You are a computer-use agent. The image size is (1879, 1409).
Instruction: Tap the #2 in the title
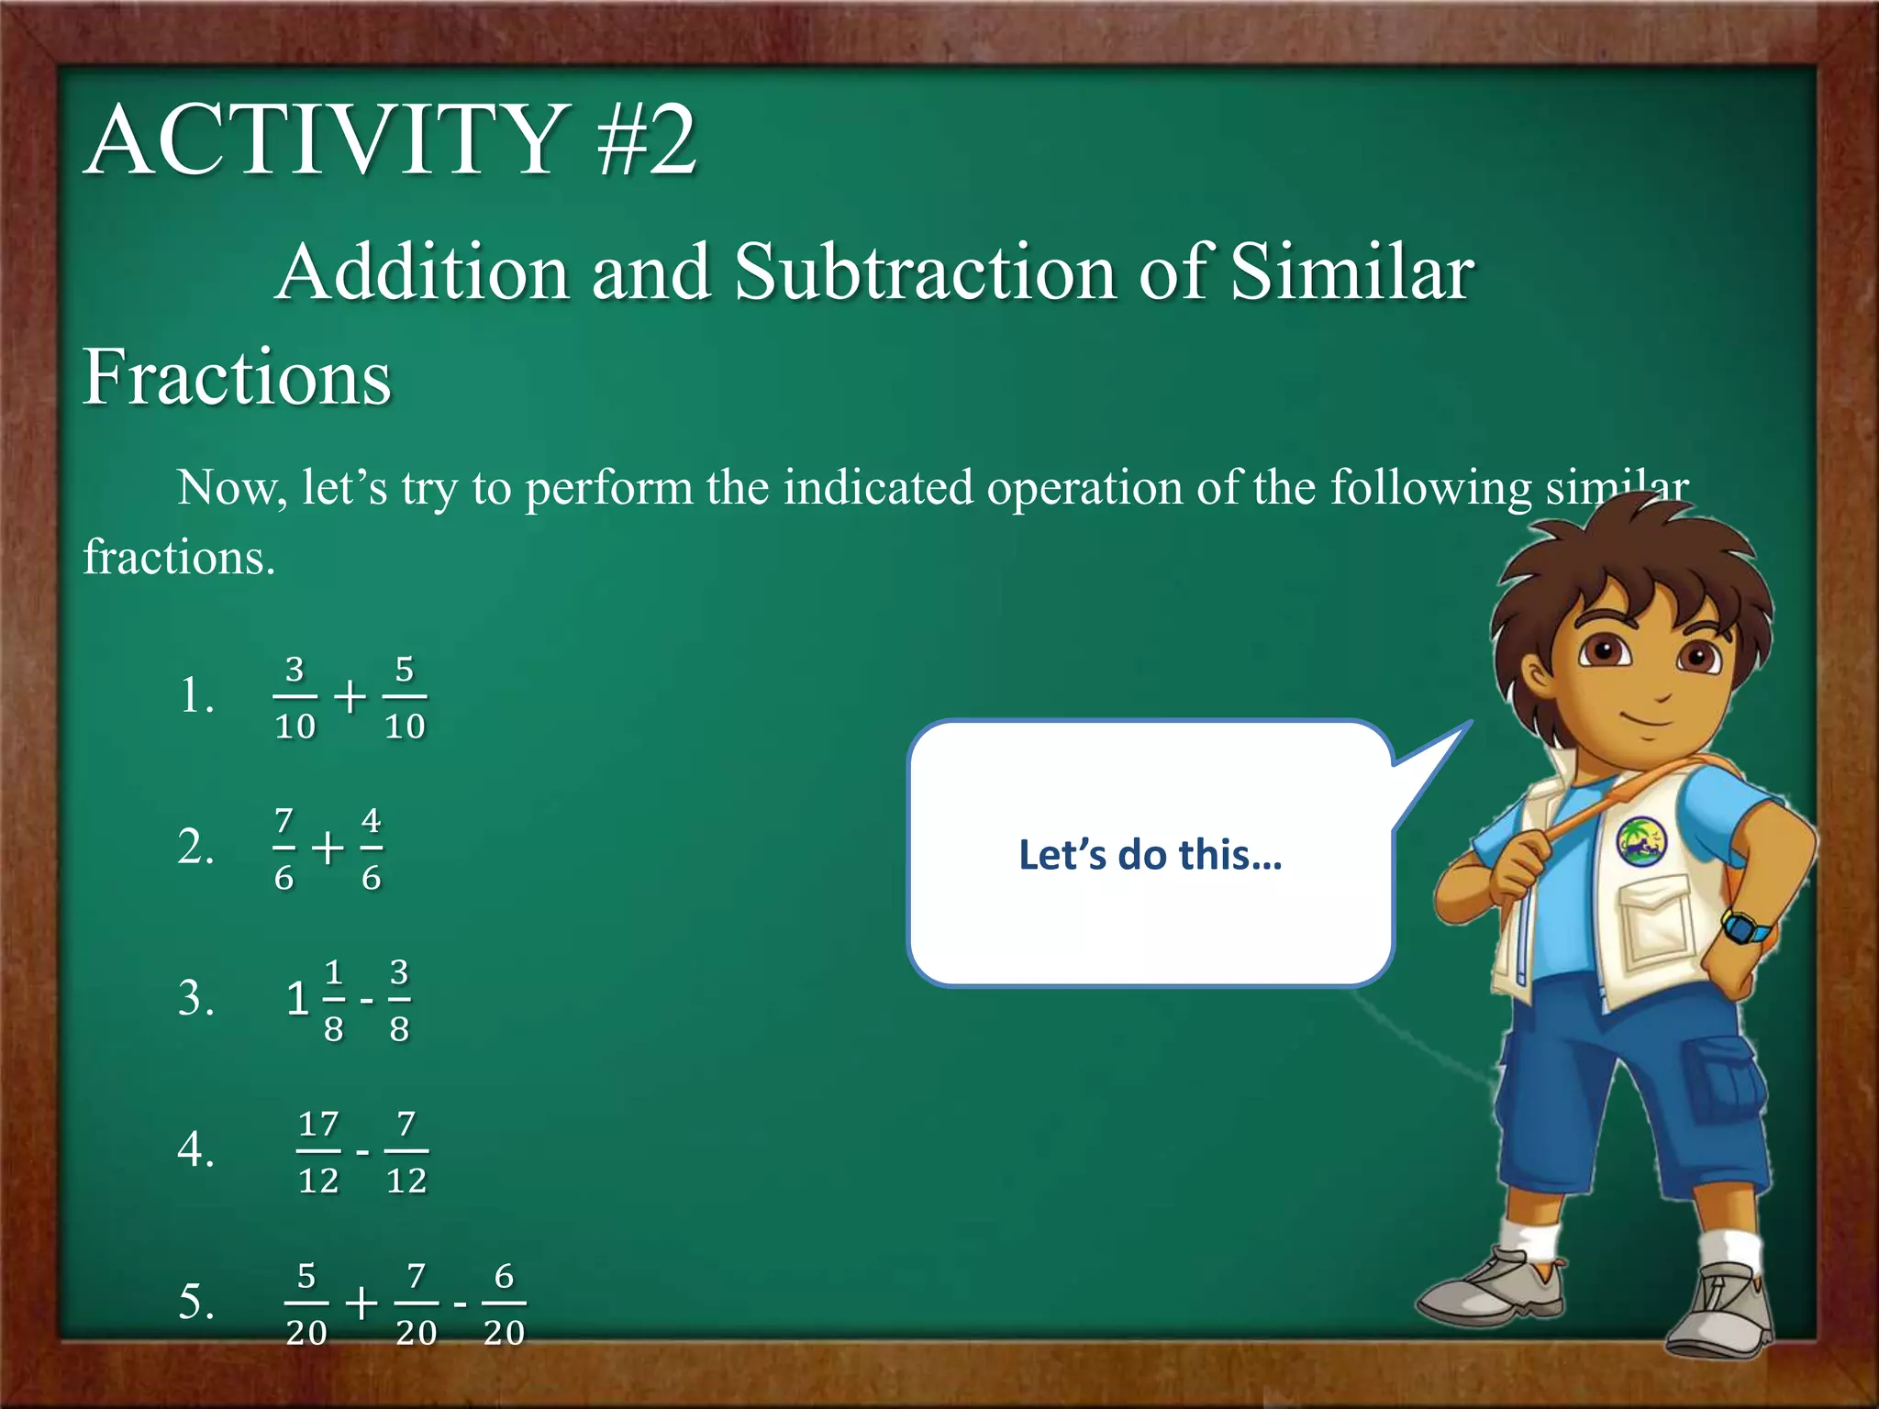pos(646,140)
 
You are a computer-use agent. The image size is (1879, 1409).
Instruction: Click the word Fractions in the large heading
pos(237,377)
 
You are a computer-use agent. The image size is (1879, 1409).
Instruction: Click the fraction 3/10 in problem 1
pos(295,697)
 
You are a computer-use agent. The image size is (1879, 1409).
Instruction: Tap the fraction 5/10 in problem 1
pos(405,697)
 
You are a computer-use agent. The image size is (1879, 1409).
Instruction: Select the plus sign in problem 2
pos(328,848)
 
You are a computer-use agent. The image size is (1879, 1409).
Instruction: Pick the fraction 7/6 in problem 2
pos(284,848)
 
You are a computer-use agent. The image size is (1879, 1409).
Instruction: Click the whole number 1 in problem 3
pos(296,999)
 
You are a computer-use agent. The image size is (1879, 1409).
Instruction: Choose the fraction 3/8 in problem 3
pos(399,999)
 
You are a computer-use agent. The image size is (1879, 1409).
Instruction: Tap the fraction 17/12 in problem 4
pos(318,1151)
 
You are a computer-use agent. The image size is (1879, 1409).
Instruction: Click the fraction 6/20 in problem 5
pos(504,1303)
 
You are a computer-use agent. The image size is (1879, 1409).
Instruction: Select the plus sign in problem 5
pos(361,1303)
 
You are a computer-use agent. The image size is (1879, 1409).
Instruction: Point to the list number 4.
pos(195,1149)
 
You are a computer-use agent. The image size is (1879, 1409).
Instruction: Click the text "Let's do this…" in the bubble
pos(1150,855)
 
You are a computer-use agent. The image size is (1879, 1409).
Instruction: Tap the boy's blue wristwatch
pos(1745,926)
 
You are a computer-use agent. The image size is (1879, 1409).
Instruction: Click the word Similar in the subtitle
pos(1351,272)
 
